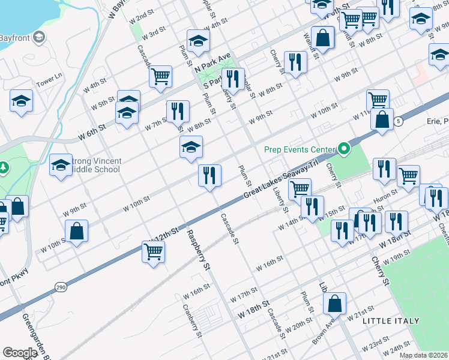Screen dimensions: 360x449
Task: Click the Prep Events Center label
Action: click(298, 149)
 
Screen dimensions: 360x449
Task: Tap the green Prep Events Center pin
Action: click(344, 148)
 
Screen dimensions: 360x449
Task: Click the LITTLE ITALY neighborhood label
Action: click(391, 321)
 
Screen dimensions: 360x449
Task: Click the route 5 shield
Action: click(399, 121)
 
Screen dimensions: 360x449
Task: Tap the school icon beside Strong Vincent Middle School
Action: click(61, 166)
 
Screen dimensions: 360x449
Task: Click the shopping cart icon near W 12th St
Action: click(153, 252)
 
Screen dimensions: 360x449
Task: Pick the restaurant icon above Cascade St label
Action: click(209, 175)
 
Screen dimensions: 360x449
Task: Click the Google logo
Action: click(20, 353)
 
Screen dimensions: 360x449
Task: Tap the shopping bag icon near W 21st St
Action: click(336, 304)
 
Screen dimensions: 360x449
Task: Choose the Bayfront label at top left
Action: click(15, 38)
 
